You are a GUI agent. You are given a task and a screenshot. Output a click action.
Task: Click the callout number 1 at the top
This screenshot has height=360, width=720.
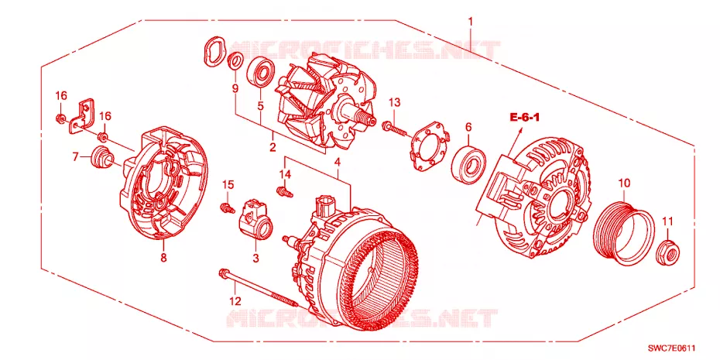pyautogui.click(x=470, y=21)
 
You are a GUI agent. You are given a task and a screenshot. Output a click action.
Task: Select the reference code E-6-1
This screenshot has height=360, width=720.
pyautogui.click(x=524, y=118)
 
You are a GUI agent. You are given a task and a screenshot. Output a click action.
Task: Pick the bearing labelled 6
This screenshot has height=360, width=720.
pyautogui.click(x=468, y=163)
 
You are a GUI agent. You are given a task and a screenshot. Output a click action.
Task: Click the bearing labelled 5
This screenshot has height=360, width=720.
pyautogui.click(x=260, y=73)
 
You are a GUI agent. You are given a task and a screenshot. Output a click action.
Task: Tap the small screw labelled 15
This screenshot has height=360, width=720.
pyautogui.click(x=226, y=208)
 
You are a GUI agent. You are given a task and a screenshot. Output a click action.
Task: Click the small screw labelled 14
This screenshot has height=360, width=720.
pyautogui.click(x=284, y=191)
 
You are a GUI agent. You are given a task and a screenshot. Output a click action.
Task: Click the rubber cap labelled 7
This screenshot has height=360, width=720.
pyautogui.click(x=103, y=157)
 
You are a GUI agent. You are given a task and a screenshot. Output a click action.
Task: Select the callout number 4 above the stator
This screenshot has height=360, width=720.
pyautogui.click(x=337, y=162)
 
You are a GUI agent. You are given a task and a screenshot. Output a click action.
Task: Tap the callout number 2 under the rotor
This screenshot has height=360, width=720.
pyautogui.click(x=273, y=147)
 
